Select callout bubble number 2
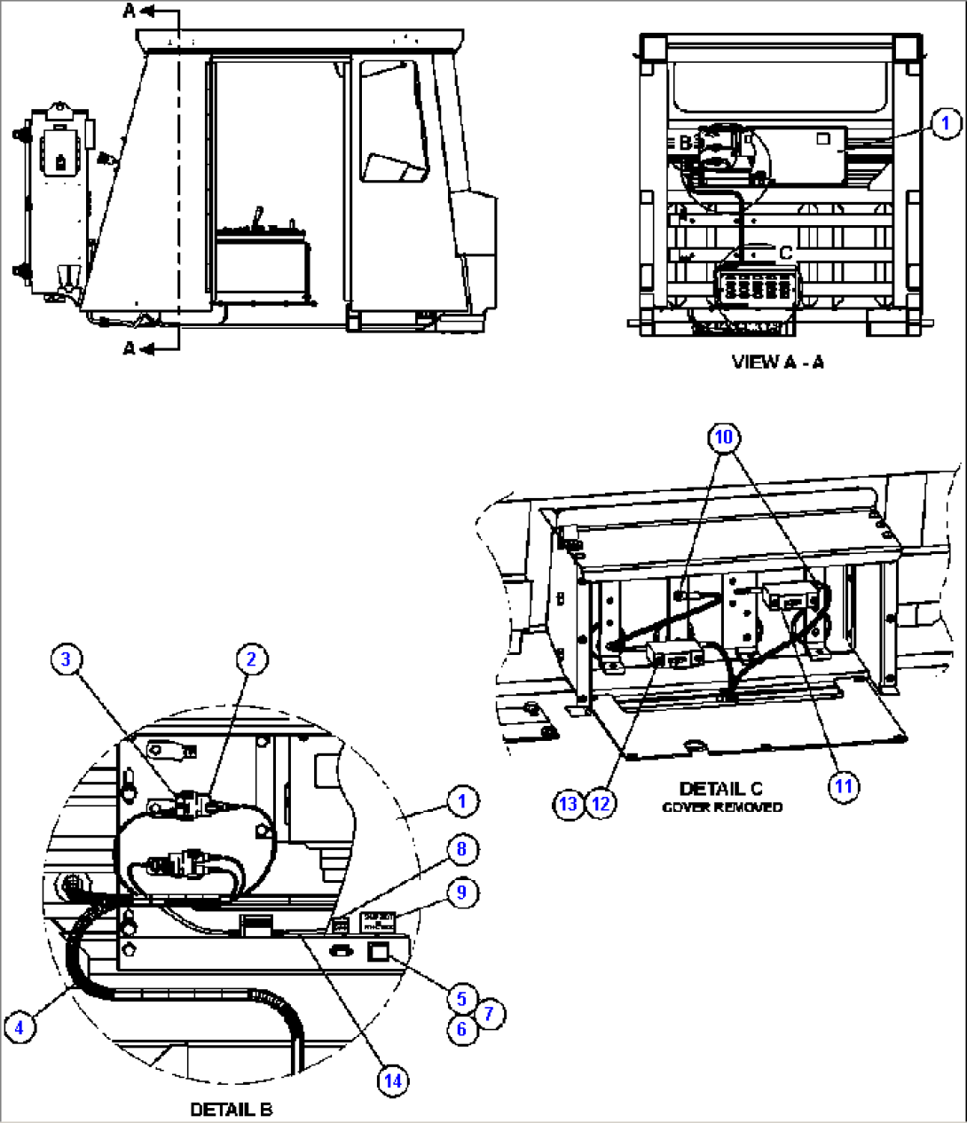pyautogui.click(x=251, y=659)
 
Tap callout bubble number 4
pyautogui.click(x=19, y=1027)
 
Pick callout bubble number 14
pyautogui.click(x=392, y=1080)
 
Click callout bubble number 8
pyautogui.click(x=461, y=849)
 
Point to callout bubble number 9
pyautogui.click(x=461, y=892)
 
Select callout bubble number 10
pyautogui.click(x=724, y=437)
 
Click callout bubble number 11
pyautogui.click(x=844, y=785)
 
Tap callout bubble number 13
pyautogui.click(x=568, y=804)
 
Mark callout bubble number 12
pyautogui.click(x=601, y=804)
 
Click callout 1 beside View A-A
pyautogui.click(x=946, y=123)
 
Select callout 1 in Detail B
pyautogui.click(x=461, y=801)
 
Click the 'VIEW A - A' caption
pyautogui.click(x=777, y=362)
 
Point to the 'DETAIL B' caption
pyautogui.click(x=231, y=1109)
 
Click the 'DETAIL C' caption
pyautogui.click(x=720, y=788)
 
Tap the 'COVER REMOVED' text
pyautogui.click(x=722, y=807)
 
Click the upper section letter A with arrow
pyautogui.click(x=130, y=11)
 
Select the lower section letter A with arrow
pyautogui.click(x=130, y=348)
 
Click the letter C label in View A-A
pyautogui.click(x=785, y=253)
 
